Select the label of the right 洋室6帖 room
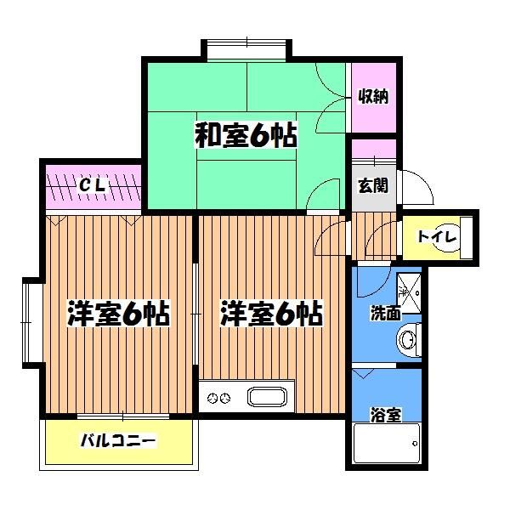[271, 314]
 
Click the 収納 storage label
[374, 97]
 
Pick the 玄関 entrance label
[372, 185]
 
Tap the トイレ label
[437, 236]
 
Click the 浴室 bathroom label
[385, 415]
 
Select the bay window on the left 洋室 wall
[30, 321]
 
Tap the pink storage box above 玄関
[374, 149]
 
